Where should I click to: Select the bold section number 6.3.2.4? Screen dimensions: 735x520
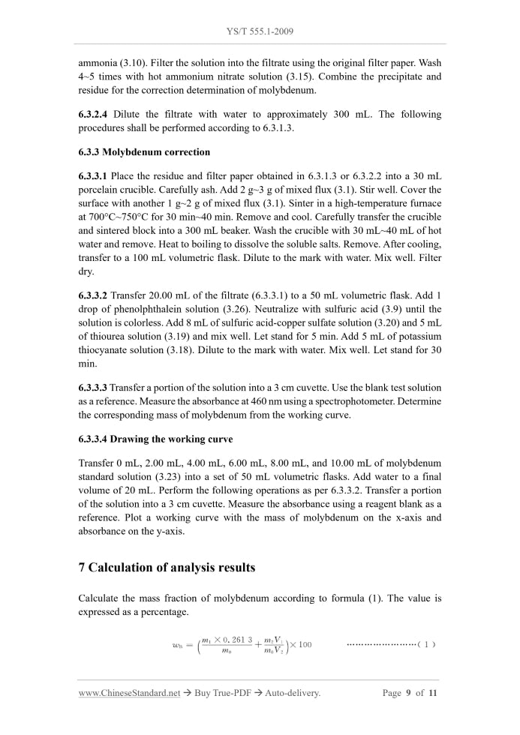(96, 115)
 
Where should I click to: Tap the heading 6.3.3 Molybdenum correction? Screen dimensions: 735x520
(144, 152)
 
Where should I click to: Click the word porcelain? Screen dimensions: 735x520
(101, 190)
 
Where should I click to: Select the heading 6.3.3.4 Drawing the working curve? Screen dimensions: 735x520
(155, 439)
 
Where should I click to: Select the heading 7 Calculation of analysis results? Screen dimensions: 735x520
(167, 568)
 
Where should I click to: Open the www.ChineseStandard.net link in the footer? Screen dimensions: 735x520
(129, 693)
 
